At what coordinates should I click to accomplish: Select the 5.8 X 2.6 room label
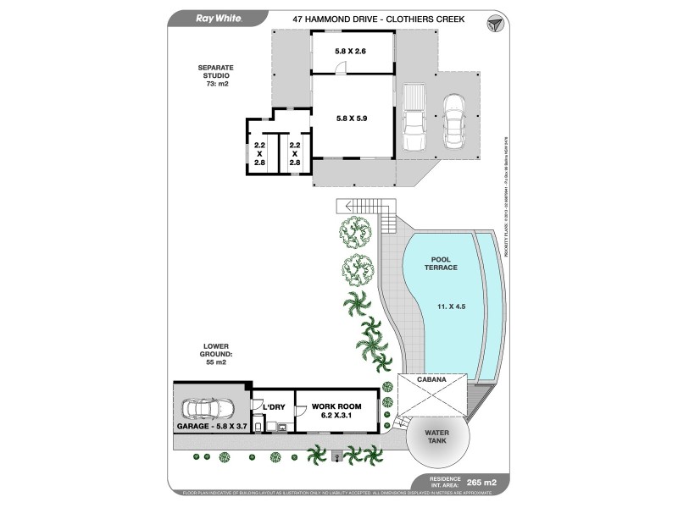pyautogui.click(x=352, y=52)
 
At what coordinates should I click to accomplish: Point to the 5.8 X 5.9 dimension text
pyautogui.click(x=352, y=119)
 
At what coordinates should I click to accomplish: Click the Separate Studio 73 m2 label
pyautogui.click(x=216, y=75)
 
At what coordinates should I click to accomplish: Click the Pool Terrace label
pyautogui.click(x=443, y=262)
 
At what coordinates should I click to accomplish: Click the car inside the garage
pyautogui.click(x=208, y=410)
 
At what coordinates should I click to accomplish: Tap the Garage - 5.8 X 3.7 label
pyautogui.click(x=211, y=426)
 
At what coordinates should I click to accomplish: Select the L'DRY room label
pyautogui.click(x=274, y=407)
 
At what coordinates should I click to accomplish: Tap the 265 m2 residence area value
pyautogui.click(x=492, y=483)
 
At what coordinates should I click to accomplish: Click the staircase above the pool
pyautogui.click(x=366, y=206)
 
